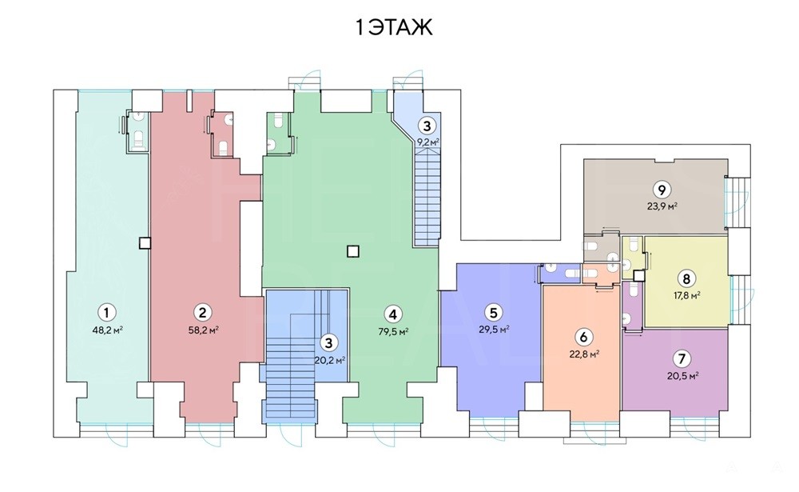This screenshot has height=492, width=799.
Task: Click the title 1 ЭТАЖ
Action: [394, 28]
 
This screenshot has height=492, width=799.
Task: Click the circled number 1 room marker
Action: [106, 312]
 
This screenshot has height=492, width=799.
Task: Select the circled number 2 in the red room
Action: [203, 312]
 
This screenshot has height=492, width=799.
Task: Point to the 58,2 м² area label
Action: [203, 330]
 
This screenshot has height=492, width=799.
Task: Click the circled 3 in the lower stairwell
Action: [328, 342]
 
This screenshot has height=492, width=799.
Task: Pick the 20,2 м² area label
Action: [330, 360]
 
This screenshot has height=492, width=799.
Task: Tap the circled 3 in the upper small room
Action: [427, 125]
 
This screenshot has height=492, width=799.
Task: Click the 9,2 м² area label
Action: [428, 142]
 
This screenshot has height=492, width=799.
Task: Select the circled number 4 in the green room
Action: [392, 314]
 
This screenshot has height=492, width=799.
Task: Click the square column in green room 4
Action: [352, 251]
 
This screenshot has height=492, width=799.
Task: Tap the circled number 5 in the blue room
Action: [493, 312]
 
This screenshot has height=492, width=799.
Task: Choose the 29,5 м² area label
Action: [494, 329]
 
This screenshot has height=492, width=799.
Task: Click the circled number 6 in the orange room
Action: [583, 337]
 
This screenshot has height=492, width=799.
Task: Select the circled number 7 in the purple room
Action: [682, 358]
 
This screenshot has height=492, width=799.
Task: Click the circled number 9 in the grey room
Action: [662, 190]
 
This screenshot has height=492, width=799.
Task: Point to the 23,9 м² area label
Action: [662, 206]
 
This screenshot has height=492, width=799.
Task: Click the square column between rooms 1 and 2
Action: [145, 243]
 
